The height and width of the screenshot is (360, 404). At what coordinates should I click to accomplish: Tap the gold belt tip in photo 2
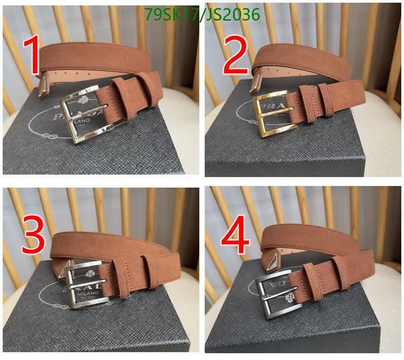pos(255,84)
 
